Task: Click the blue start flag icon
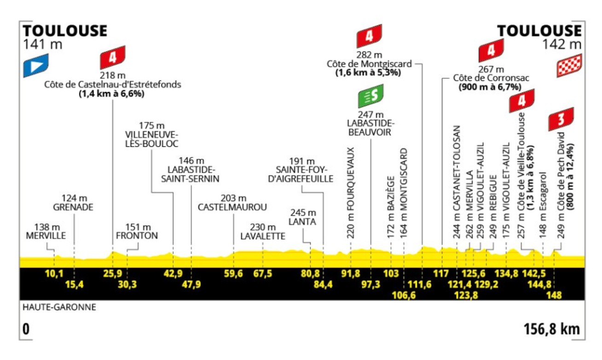36,65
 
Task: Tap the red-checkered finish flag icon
569,65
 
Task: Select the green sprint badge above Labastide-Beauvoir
370,96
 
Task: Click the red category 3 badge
561,119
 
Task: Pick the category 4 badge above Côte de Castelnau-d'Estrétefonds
113,57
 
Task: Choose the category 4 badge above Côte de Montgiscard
369,36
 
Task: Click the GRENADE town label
73,207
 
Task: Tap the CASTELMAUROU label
232,207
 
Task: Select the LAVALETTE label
263,236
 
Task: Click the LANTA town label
303,221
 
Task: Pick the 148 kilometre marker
554,295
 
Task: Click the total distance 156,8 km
551,330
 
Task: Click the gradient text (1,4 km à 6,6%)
112,93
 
